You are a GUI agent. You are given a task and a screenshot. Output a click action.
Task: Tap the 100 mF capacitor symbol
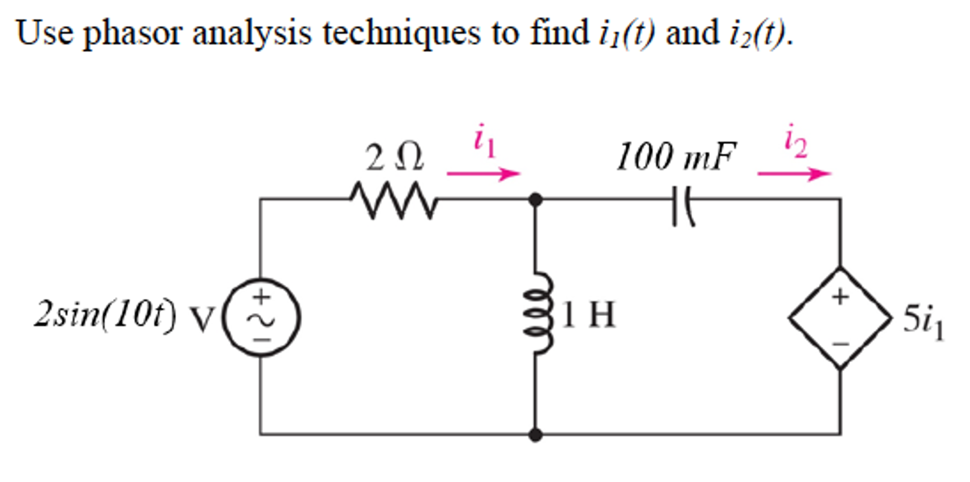tap(683, 206)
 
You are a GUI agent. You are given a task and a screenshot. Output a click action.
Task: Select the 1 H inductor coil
tap(538, 313)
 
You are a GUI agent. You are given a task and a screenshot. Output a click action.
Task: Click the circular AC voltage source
tap(261, 317)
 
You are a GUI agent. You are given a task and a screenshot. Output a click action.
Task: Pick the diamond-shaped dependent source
tap(840, 318)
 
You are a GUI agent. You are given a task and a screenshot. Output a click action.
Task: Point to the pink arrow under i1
tap(483, 173)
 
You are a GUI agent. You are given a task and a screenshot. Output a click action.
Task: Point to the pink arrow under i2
tap(794, 173)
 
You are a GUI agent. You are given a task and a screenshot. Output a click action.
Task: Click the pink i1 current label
tap(485, 141)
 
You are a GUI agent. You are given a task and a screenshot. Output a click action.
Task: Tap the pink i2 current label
tap(796, 141)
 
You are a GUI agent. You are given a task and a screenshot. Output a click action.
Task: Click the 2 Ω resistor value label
tap(394, 158)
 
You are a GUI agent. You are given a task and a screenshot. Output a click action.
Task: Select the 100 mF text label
tap(676, 156)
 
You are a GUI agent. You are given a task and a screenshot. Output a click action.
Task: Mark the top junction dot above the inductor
tap(536, 200)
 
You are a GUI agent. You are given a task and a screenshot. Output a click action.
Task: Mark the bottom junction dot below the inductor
tap(536, 434)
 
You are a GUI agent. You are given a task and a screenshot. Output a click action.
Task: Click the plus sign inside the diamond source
tap(840, 297)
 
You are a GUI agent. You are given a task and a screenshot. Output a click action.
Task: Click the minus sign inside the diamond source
tap(840, 344)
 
